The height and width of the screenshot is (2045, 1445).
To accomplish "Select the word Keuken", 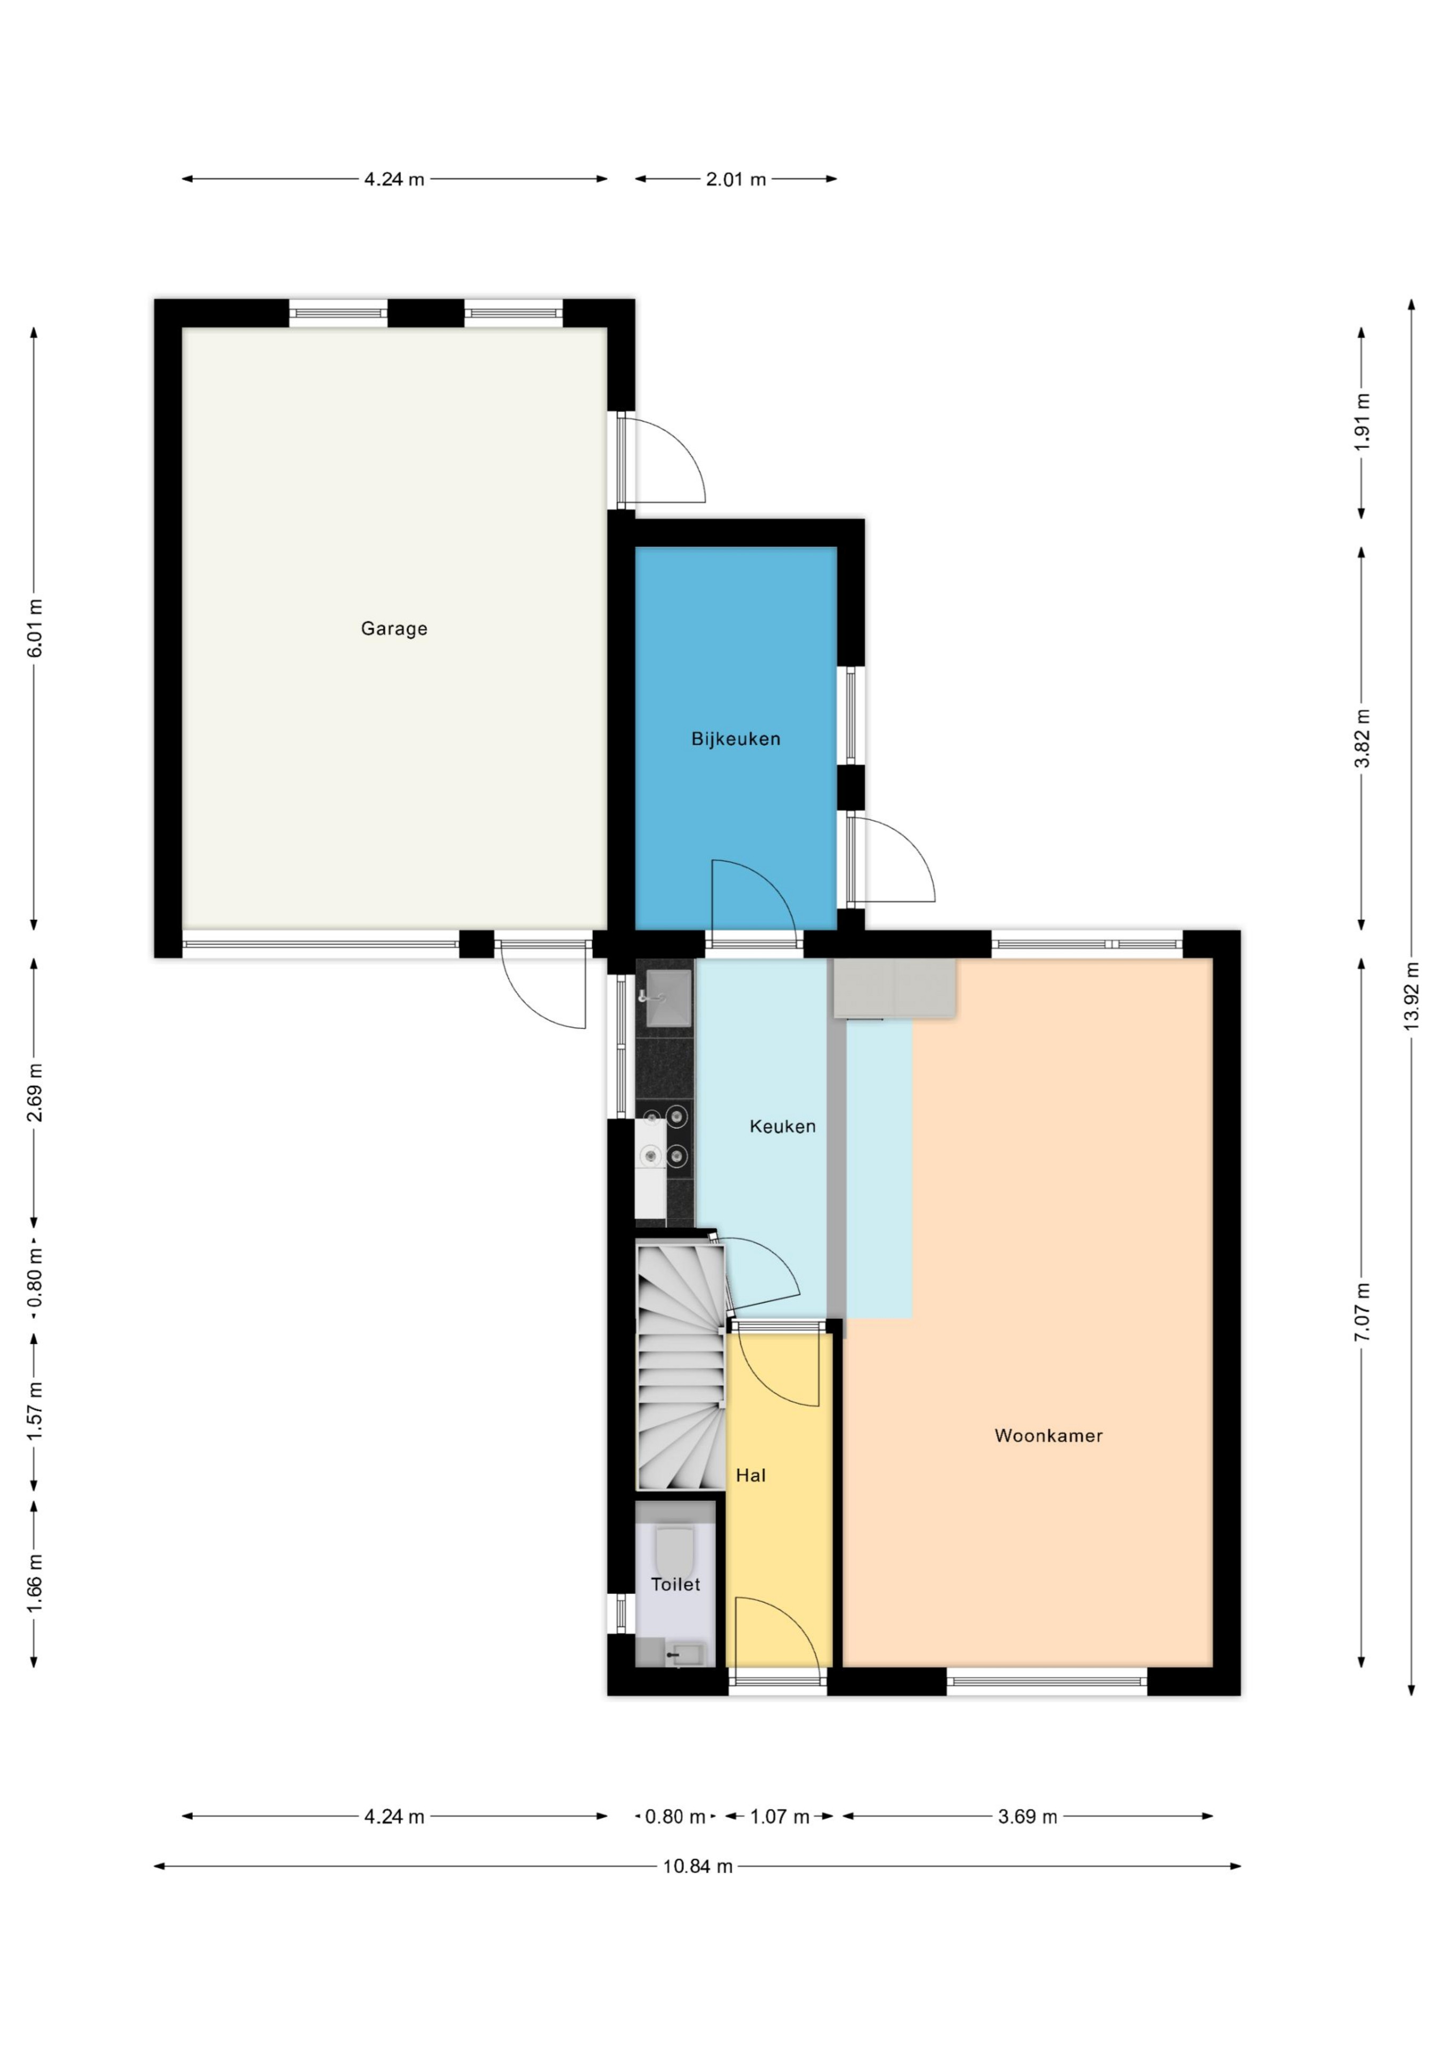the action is [x=782, y=1127].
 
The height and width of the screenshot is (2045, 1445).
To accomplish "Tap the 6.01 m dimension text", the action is [x=35, y=629].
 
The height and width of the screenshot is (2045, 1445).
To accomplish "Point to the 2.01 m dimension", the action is [x=736, y=179].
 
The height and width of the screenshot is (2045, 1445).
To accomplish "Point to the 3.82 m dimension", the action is [x=1361, y=738].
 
